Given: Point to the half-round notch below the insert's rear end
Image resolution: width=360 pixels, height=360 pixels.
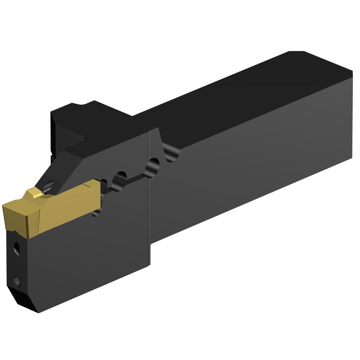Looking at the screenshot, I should coord(96,213).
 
